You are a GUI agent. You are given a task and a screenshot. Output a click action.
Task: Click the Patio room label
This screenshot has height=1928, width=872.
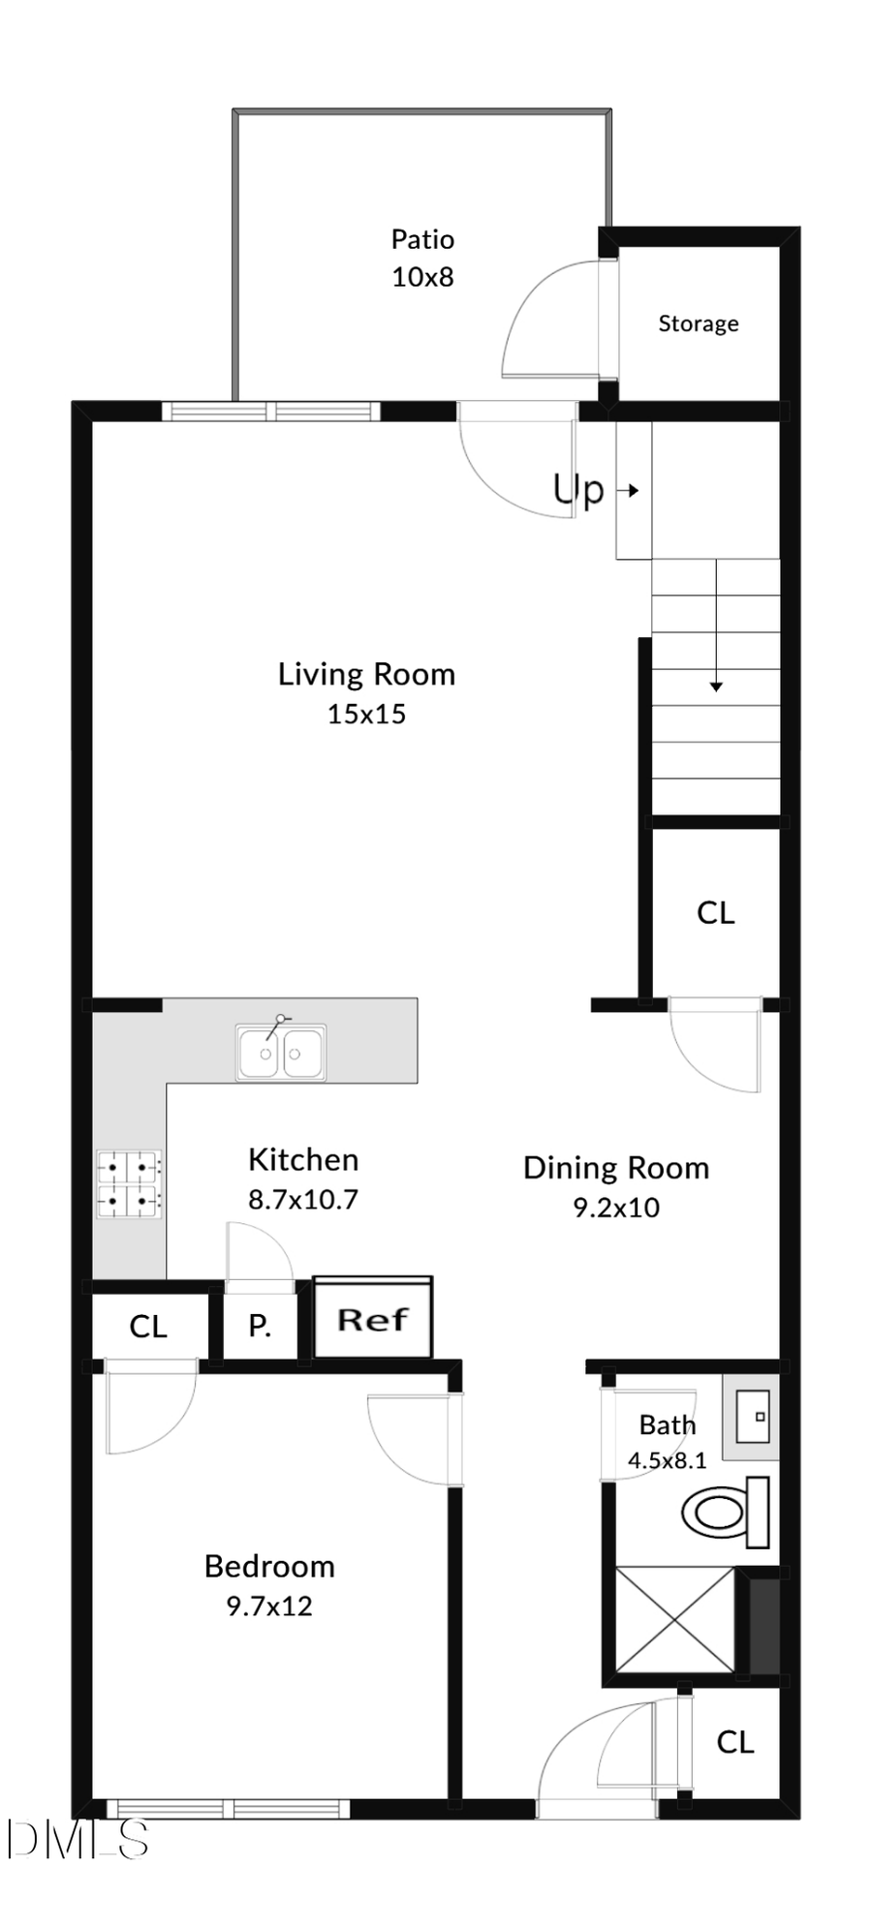422,239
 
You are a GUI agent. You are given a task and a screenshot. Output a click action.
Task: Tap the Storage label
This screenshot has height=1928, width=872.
698,323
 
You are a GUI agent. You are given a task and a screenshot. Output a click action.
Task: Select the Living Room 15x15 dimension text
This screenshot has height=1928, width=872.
366,715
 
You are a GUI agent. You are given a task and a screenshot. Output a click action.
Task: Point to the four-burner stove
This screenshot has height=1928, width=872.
129,1183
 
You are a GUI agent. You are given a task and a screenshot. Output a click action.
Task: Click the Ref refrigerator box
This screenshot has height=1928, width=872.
373,1319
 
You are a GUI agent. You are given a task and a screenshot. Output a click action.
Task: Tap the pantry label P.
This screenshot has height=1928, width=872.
259,1326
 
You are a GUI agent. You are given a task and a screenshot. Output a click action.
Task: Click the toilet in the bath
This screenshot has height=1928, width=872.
725,1512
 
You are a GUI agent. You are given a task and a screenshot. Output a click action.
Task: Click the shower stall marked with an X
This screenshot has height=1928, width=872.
675,1619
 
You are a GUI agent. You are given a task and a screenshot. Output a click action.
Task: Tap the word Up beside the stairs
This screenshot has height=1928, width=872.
578,490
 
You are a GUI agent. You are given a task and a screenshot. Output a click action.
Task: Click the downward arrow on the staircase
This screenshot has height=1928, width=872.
716,686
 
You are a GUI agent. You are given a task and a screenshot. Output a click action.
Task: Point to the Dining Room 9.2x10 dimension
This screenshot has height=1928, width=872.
616,1208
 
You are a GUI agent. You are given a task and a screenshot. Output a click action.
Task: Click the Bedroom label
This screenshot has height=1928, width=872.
269,1566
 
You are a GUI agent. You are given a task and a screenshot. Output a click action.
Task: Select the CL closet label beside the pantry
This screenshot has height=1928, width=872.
148,1327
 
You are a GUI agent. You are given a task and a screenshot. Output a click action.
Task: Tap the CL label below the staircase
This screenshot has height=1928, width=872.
716,912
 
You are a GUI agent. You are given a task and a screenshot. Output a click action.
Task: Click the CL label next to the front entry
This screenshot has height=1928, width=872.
734,1742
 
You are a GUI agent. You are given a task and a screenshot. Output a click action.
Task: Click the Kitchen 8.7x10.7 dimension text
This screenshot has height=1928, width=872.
303,1200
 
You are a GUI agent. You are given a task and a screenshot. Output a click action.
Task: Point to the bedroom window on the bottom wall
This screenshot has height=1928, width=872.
228,1808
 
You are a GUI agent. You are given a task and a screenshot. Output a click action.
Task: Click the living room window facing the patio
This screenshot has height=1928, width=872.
271,411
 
